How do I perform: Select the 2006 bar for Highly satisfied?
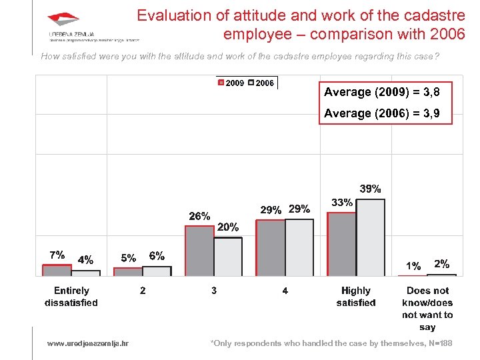click(371, 237)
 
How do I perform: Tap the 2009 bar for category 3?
click(199, 251)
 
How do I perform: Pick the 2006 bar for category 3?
click(228, 257)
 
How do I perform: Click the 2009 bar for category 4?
click(270, 248)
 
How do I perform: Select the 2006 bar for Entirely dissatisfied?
click(86, 273)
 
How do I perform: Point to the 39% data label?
click(370, 189)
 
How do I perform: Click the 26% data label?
click(199, 216)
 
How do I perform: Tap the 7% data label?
click(57, 255)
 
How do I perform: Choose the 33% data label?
click(341, 202)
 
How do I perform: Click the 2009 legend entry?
click(231, 83)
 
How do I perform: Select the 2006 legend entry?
click(261, 83)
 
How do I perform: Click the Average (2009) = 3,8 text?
click(381, 92)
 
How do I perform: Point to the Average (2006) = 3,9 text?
click(381, 113)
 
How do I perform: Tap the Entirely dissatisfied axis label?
click(71, 297)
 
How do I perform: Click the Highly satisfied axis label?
click(356, 297)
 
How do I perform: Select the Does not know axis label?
click(427, 309)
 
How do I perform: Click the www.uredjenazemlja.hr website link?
click(88, 343)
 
